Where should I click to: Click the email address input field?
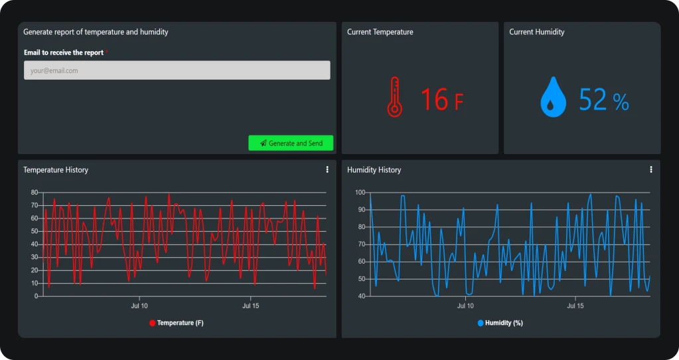[x=177, y=70]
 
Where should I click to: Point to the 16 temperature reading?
[x=435, y=100]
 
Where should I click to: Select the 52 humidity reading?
[x=593, y=100]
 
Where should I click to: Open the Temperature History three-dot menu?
[x=327, y=170]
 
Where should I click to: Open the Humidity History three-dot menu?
[x=651, y=170]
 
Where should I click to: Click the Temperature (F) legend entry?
[x=177, y=323]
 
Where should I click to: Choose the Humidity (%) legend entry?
[x=500, y=323]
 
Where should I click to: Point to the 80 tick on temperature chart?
[x=35, y=193]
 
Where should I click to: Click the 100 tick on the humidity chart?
[x=360, y=193]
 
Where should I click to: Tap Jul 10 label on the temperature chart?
[x=139, y=306]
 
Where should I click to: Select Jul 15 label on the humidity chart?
[x=575, y=306]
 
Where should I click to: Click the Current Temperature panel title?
[x=380, y=32]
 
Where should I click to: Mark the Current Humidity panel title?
[x=536, y=32]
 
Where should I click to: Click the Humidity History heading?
[x=374, y=170]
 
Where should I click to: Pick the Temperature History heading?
[x=56, y=170]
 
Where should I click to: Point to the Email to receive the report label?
[x=64, y=52]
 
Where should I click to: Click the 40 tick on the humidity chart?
[x=361, y=296]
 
